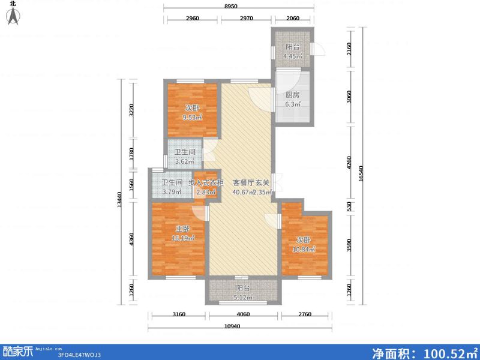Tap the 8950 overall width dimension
point(239,6)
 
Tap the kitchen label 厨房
point(292,95)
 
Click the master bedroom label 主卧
point(182,229)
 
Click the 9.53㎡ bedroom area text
point(192,117)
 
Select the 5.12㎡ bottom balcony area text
point(241,297)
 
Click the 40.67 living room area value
point(241,192)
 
